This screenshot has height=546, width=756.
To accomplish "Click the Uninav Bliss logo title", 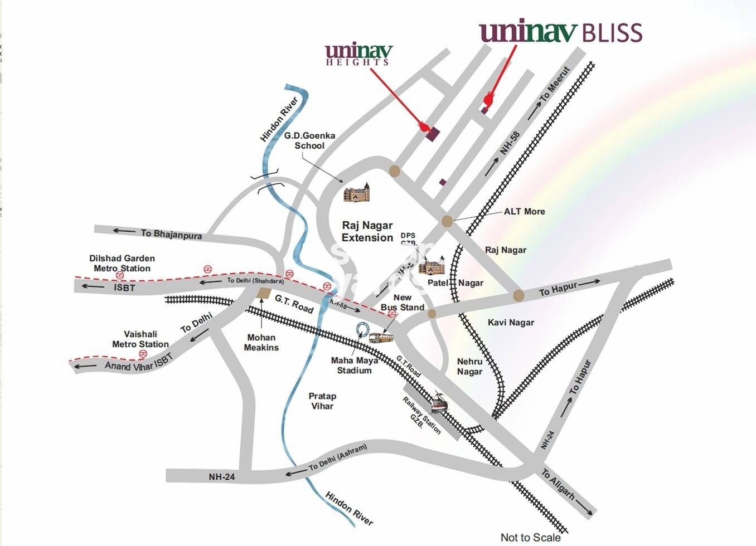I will click(560, 32).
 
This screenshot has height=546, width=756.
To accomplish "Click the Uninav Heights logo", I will click(358, 55).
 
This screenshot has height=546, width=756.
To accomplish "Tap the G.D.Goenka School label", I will click(309, 140).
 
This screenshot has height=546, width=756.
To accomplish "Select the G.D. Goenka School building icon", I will click(356, 193).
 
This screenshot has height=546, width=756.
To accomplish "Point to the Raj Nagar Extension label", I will click(367, 231).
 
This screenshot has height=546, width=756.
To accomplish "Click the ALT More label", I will click(524, 212).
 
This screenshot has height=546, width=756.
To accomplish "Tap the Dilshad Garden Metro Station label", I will click(122, 263).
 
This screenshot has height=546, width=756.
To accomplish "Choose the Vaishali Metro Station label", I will click(140, 339).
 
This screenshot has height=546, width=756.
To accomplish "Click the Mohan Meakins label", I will click(261, 342).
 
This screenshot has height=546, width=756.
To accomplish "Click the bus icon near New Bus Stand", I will click(381, 338).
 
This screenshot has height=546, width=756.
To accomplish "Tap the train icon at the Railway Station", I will click(439, 403).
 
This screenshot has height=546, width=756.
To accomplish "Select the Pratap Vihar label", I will click(322, 401).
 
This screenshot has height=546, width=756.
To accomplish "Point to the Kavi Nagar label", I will click(511, 323).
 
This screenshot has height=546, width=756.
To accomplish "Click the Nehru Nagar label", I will click(469, 367).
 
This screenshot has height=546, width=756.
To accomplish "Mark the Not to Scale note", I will click(530, 537).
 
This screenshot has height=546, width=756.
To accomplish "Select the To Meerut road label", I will click(555, 84).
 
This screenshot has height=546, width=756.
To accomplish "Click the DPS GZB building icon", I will click(432, 266).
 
